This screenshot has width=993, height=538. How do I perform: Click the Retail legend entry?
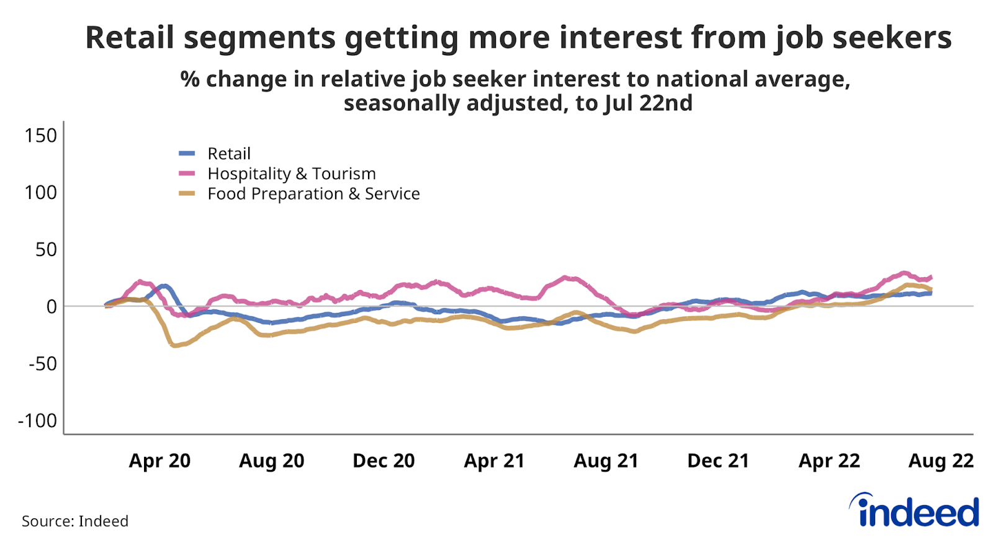(x=228, y=154)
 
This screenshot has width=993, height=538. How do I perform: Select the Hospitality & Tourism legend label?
(x=291, y=174)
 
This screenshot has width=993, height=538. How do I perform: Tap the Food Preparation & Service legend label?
(x=313, y=194)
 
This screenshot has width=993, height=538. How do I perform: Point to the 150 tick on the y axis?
(x=40, y=135)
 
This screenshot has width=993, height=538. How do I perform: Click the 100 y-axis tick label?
(x=40, y=192)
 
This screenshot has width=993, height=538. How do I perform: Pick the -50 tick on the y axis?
(x=42, y=363)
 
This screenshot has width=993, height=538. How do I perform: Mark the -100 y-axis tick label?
(x=37, y=420)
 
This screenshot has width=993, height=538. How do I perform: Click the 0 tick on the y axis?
(x=52, y=306)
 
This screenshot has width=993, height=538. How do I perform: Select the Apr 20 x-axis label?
(x=160, y=461)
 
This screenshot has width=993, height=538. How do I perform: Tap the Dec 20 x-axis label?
(x=384, y=461)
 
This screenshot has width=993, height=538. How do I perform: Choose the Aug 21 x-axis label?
(x=606, y=461)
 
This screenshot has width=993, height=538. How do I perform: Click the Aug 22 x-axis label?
(x=941, y=461)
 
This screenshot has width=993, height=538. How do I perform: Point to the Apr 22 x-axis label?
(x=829, y=461)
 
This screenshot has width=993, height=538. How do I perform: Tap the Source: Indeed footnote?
(x=75, y=521)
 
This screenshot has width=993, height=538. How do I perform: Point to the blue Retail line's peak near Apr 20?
(x=164, y=286)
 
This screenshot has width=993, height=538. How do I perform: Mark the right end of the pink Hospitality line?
(x=931, y=277)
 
